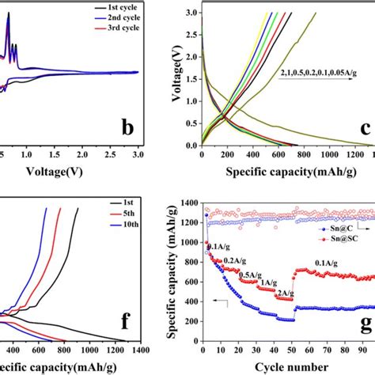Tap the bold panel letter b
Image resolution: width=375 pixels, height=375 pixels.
[126, 126]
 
